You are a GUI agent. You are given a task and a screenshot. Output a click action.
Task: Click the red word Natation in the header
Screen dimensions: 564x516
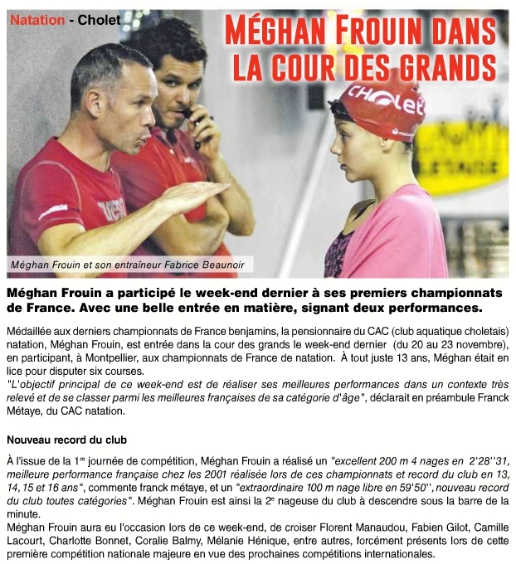pos(36,19)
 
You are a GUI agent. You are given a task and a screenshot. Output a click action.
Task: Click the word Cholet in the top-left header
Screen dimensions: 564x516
pos(99,19)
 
